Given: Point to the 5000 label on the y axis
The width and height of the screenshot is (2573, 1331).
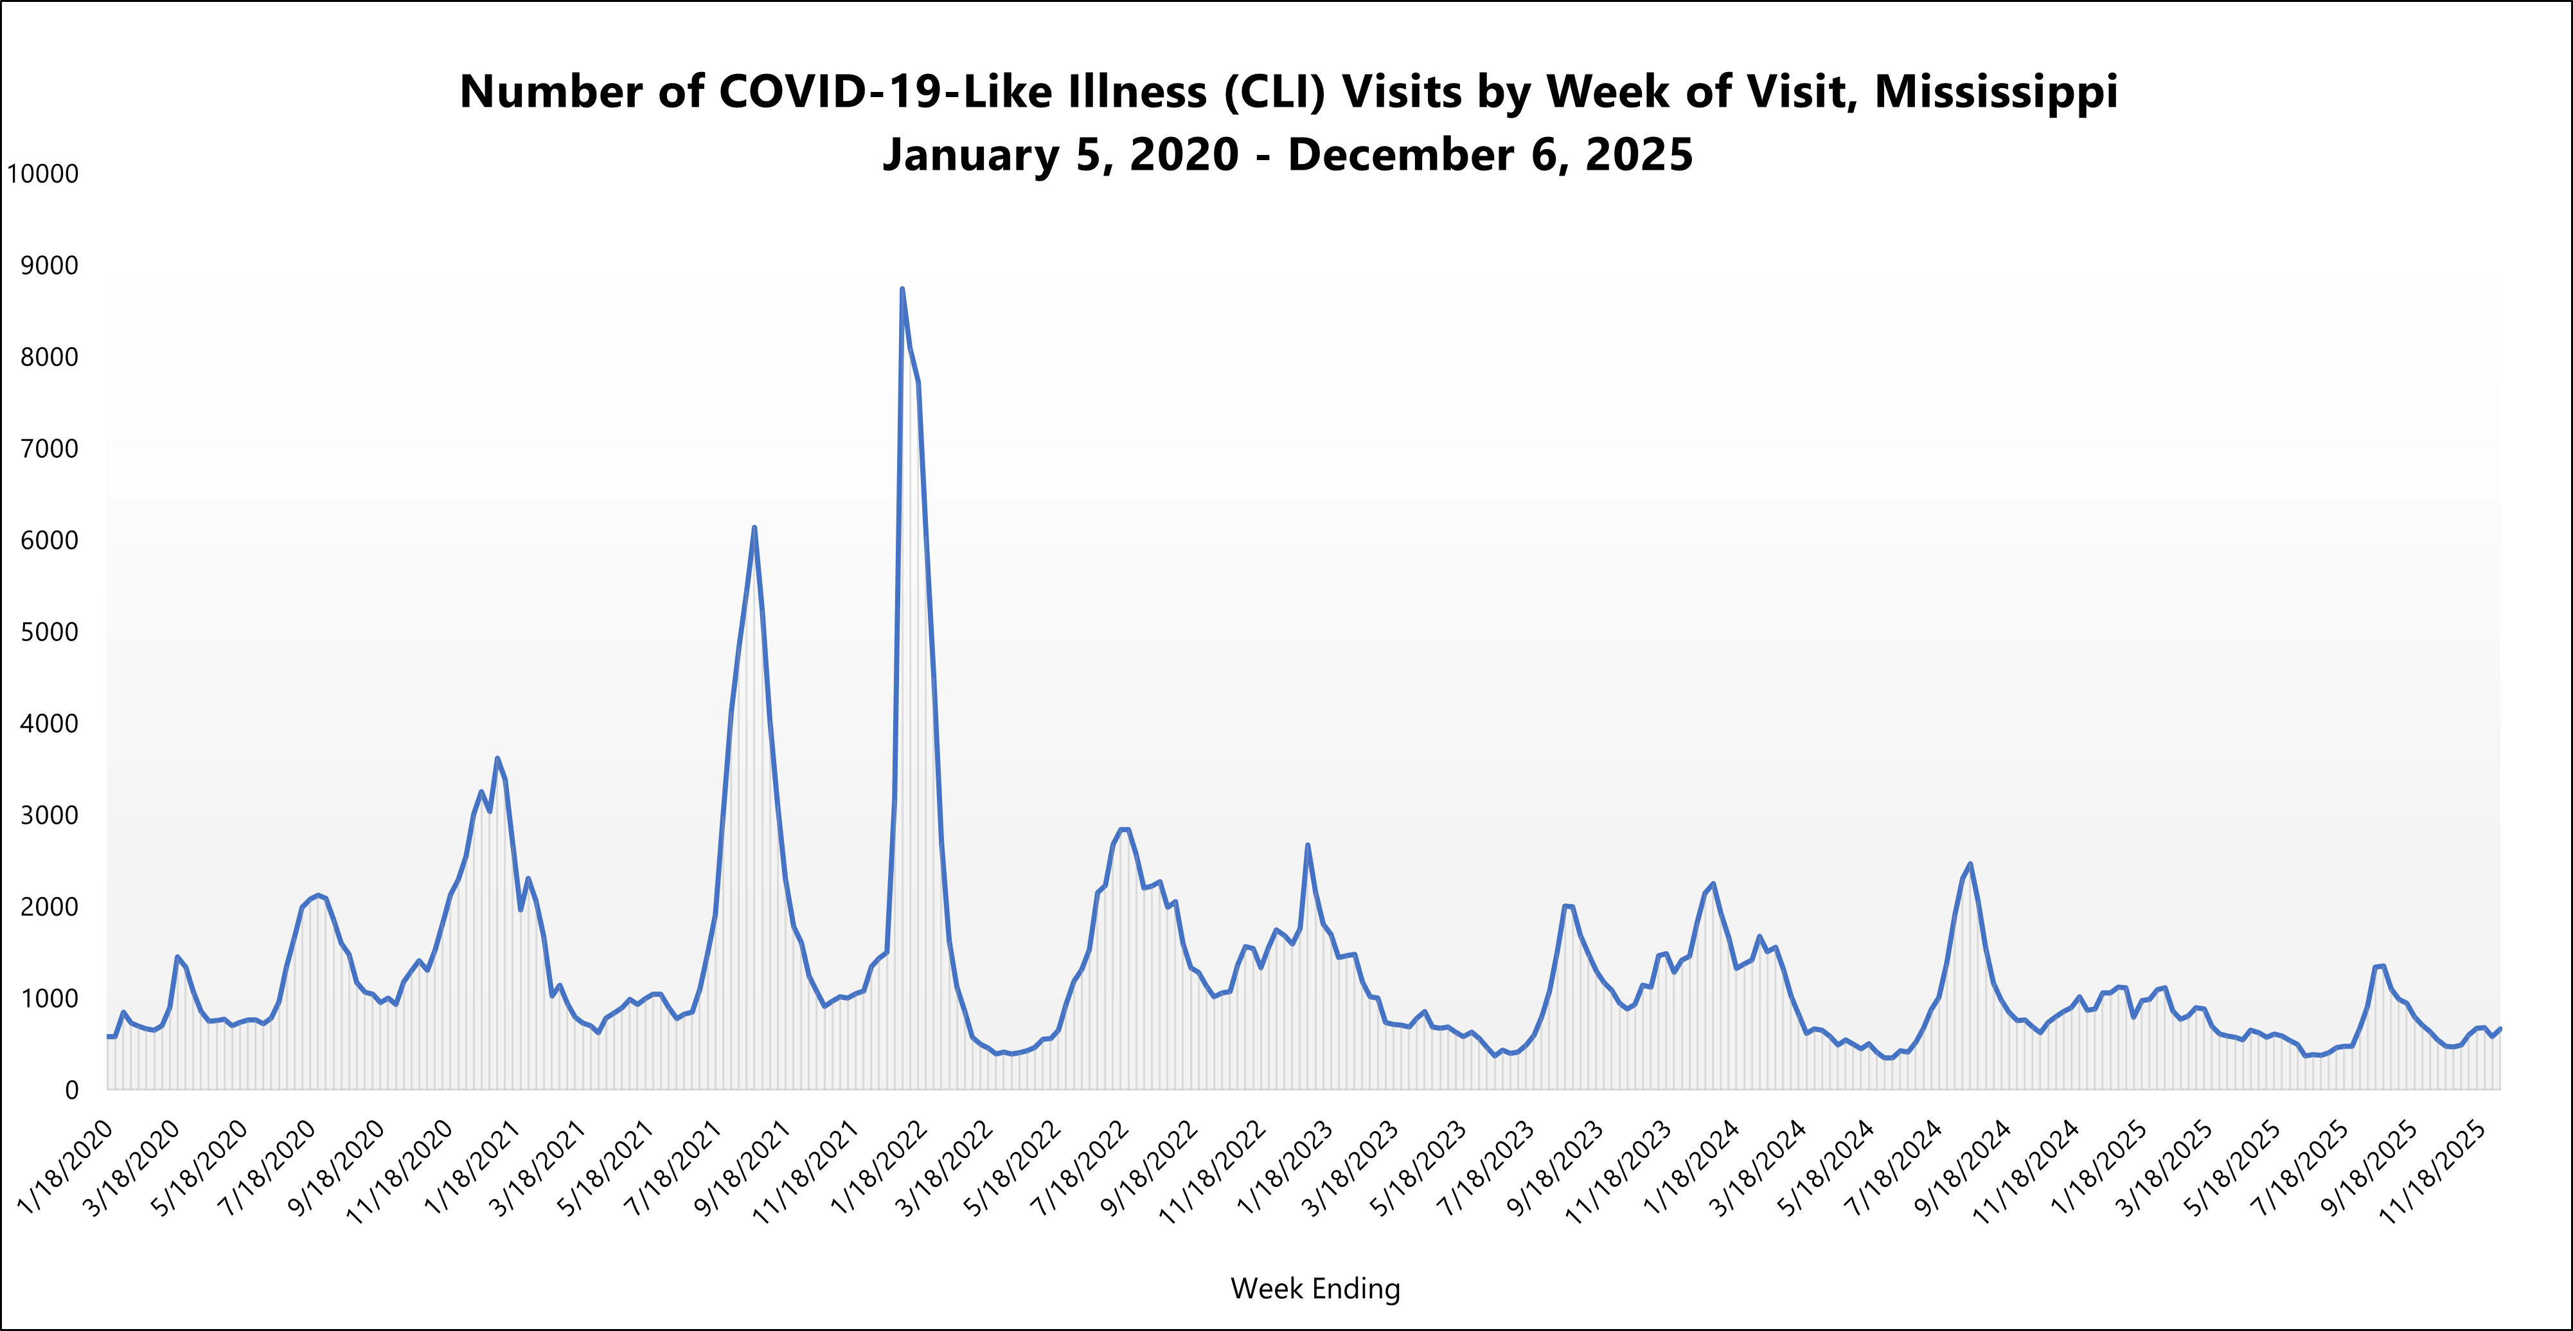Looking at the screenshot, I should tap(49, 633).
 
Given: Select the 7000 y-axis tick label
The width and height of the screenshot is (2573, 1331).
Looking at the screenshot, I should tap(49, 449).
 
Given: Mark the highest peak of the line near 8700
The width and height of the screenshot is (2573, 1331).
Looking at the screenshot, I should tap(902, 290).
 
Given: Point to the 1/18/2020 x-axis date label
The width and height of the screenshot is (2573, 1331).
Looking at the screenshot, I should tap(66, 1166).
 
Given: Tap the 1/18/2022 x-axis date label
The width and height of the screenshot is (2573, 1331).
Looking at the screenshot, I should tap(879, 1166).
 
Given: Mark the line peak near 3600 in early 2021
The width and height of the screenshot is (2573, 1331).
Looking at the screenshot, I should tap(497, 759).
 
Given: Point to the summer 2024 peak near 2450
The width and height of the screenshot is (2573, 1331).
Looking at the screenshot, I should tap(1970, 864).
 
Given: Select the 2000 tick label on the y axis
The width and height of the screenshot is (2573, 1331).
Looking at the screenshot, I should tap(49, 907).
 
